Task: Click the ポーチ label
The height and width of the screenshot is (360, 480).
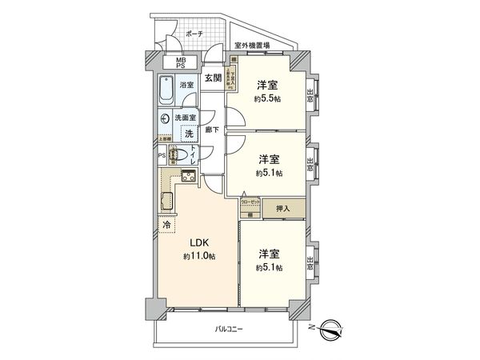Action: coord(194,34)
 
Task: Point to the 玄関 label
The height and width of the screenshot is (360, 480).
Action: coord(212,78)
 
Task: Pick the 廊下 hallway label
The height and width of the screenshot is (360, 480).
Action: coord(212,130)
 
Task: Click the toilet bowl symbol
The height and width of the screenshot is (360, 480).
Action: coord(178,156)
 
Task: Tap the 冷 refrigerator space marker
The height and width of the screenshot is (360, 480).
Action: coord(166,227)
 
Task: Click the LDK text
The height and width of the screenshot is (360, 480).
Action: coord(199,242)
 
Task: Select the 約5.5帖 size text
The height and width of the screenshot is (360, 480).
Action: coord(267,99)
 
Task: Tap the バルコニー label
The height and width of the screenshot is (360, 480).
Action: coord(228,330)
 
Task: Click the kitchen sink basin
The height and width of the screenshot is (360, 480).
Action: coord(188,178)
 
